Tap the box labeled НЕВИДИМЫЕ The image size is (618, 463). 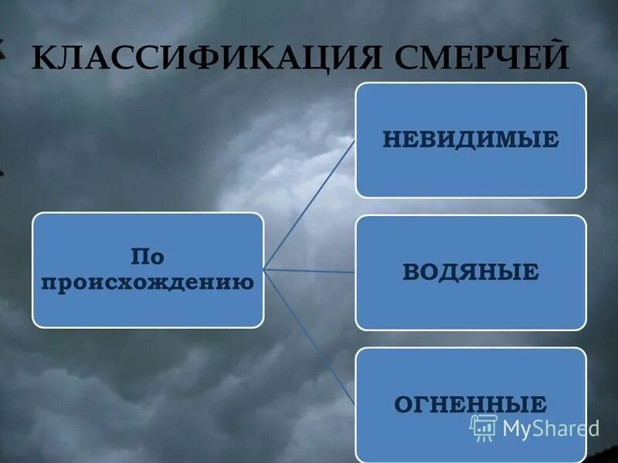470,140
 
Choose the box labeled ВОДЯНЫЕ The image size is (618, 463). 470,272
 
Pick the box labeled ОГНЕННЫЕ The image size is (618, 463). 470,404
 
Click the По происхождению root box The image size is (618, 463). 148,269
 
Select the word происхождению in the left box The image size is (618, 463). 147,282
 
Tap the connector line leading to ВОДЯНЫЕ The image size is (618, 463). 309,270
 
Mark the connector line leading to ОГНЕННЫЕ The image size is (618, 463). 309,336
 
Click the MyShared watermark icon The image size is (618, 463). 484,427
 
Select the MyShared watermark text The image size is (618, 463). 550,428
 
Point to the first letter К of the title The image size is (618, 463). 43,59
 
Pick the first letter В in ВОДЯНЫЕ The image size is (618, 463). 410,272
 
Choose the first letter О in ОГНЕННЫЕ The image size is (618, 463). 402,404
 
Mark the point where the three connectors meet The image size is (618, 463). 264,269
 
